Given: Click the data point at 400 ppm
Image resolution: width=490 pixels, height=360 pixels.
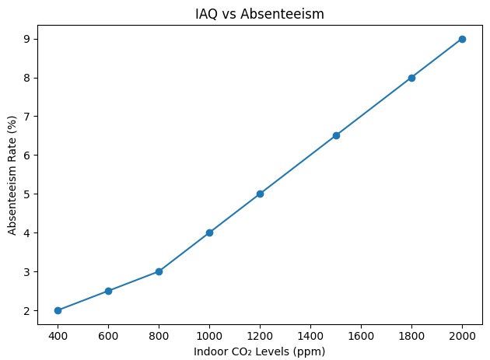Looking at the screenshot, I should coord(58,310).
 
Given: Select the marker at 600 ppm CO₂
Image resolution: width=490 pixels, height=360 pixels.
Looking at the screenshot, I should coord(108,291).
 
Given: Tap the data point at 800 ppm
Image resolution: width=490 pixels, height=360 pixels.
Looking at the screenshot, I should coord(159,271).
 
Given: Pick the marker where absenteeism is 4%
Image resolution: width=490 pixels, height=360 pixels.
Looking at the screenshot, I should coord(209,232).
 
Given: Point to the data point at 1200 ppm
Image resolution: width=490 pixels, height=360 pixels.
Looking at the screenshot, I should coord(260,194).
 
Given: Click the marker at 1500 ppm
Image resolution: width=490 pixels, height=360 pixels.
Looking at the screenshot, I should coord(336,135).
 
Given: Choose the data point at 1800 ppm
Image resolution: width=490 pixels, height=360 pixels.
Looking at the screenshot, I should coord(411,78).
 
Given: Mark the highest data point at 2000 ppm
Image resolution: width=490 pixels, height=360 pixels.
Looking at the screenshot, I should coord(462,39).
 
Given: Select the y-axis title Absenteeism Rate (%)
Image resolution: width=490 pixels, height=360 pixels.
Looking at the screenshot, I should coord(12,174).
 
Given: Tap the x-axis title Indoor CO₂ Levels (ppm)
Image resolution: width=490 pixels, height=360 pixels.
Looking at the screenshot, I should coord(260,351).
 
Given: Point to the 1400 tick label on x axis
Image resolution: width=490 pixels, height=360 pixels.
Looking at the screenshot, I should coord(310,335).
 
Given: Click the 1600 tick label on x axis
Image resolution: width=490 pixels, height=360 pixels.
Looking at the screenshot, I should coord(361,335).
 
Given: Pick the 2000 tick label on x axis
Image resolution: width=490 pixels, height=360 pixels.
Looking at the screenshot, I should coord(462,335).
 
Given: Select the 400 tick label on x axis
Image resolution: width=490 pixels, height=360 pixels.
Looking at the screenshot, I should coord(58,335).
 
